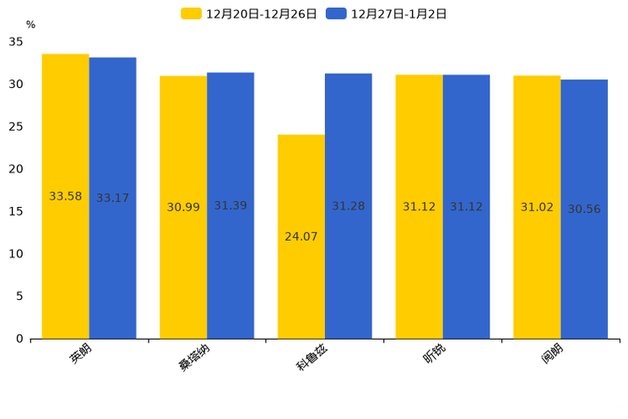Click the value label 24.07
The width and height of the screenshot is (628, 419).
[301, 237]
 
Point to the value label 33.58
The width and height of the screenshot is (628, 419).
[66, 197]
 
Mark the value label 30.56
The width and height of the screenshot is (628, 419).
[584, 209]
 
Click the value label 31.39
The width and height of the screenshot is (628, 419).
[230, 206]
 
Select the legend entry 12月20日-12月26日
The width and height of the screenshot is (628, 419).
[249, 14]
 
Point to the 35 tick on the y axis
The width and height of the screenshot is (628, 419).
[16, 41]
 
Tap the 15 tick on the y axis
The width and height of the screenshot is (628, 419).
[16, 211]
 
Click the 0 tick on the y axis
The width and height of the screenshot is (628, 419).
[19, 339]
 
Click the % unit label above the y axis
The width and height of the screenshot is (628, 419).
[30, 25]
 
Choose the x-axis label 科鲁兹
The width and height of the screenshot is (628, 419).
[311, 357]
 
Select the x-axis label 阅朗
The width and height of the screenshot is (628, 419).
[552, 355]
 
